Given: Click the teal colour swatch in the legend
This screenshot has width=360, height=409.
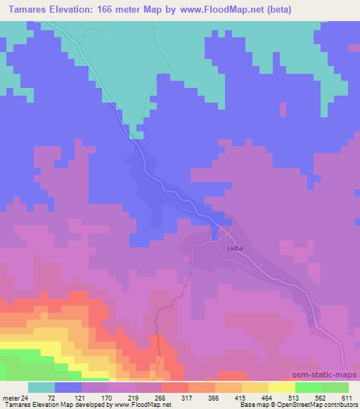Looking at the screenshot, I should coord(41,387).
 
